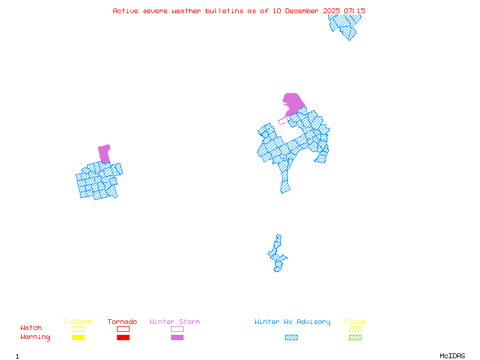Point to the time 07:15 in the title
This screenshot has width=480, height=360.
click(353, 11)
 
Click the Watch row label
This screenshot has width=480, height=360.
click(31, 328)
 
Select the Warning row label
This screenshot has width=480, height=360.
click(35, 337)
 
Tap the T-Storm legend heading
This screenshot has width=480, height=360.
click(77, 322)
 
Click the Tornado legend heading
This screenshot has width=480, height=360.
click(122, 322)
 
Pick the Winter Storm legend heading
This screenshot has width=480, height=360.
click(175, 322)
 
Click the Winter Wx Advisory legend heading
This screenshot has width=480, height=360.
click(292, 322)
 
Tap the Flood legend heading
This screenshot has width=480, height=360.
click(355, 322)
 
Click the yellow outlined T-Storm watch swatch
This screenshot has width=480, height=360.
click(78, 329)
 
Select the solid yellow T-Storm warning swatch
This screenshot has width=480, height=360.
click(78, 338)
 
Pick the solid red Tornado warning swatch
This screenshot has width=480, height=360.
click(123, 338)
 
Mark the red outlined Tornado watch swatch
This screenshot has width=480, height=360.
click(123, 329)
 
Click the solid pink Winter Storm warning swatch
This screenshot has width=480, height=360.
click(177, 338)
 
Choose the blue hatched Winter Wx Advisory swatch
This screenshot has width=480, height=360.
click(291, 338)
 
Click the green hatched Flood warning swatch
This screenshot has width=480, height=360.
click(355, 338)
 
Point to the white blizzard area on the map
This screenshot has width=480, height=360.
click(279, 230)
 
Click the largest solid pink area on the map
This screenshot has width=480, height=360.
click(293, 103)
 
